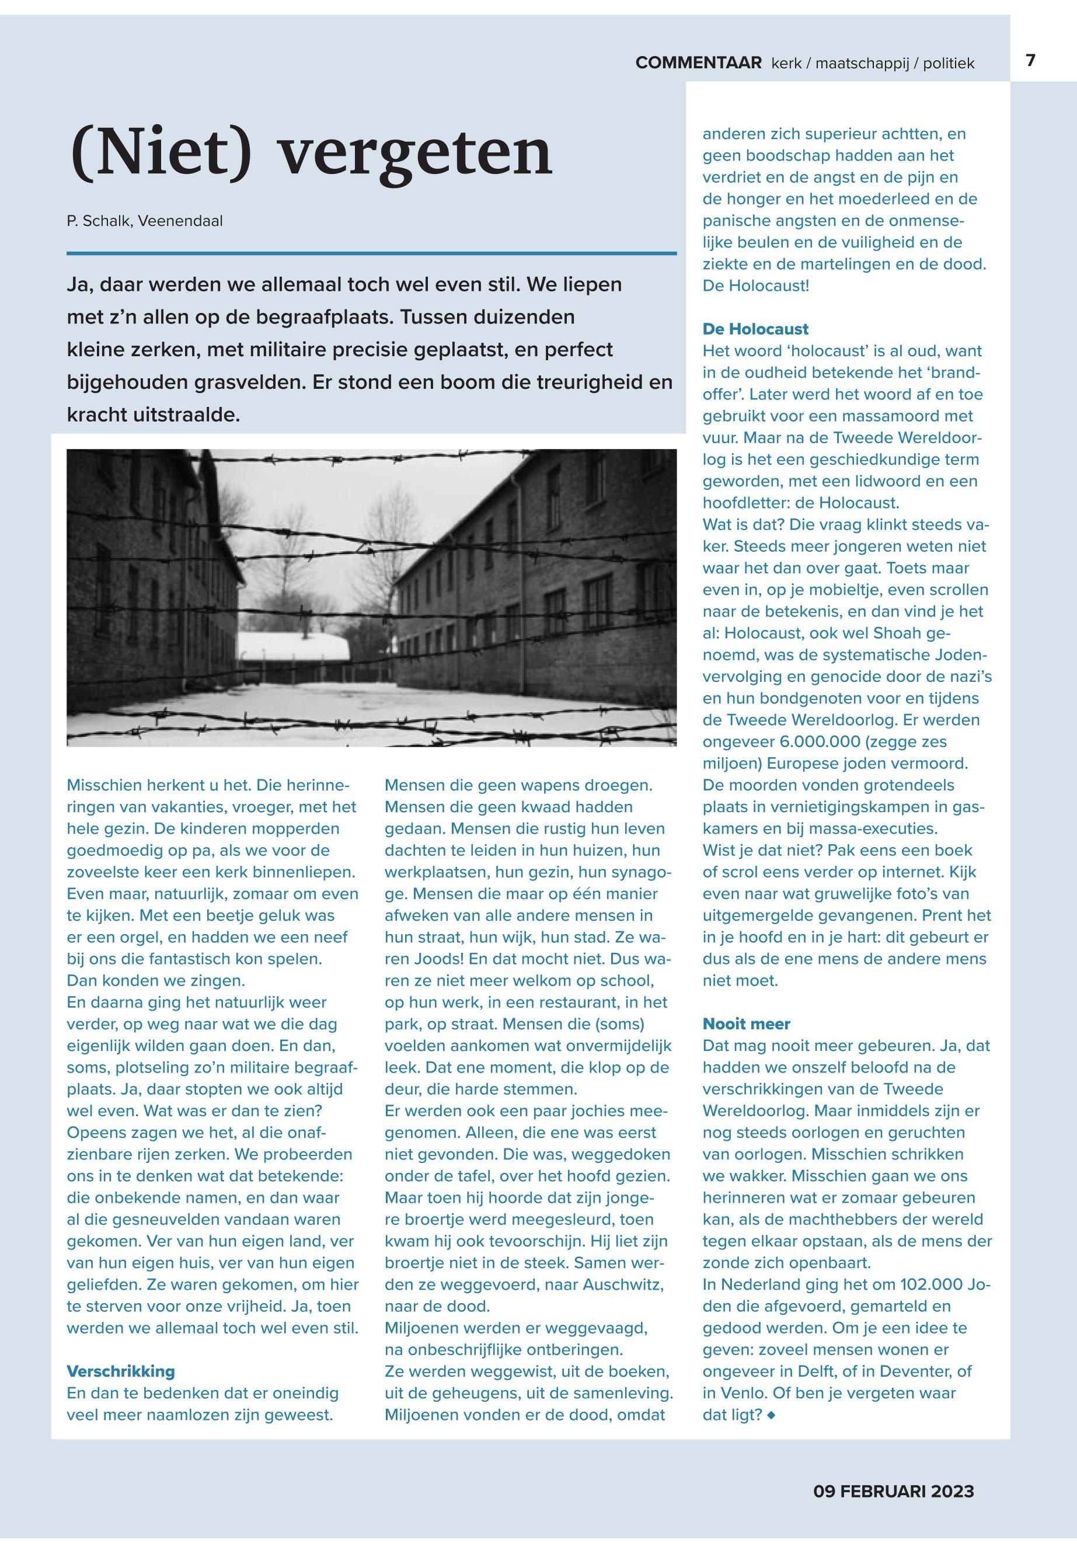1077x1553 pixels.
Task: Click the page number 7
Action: pyautogui.click(x=1030, y=60)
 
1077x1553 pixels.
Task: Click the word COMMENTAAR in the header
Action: pyautogui.click(x=698, y=64)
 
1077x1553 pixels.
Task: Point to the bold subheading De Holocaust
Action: pyautogui.click(x=755, y=329)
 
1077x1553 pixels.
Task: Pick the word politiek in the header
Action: pyautogui.click(x=948, y=64)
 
